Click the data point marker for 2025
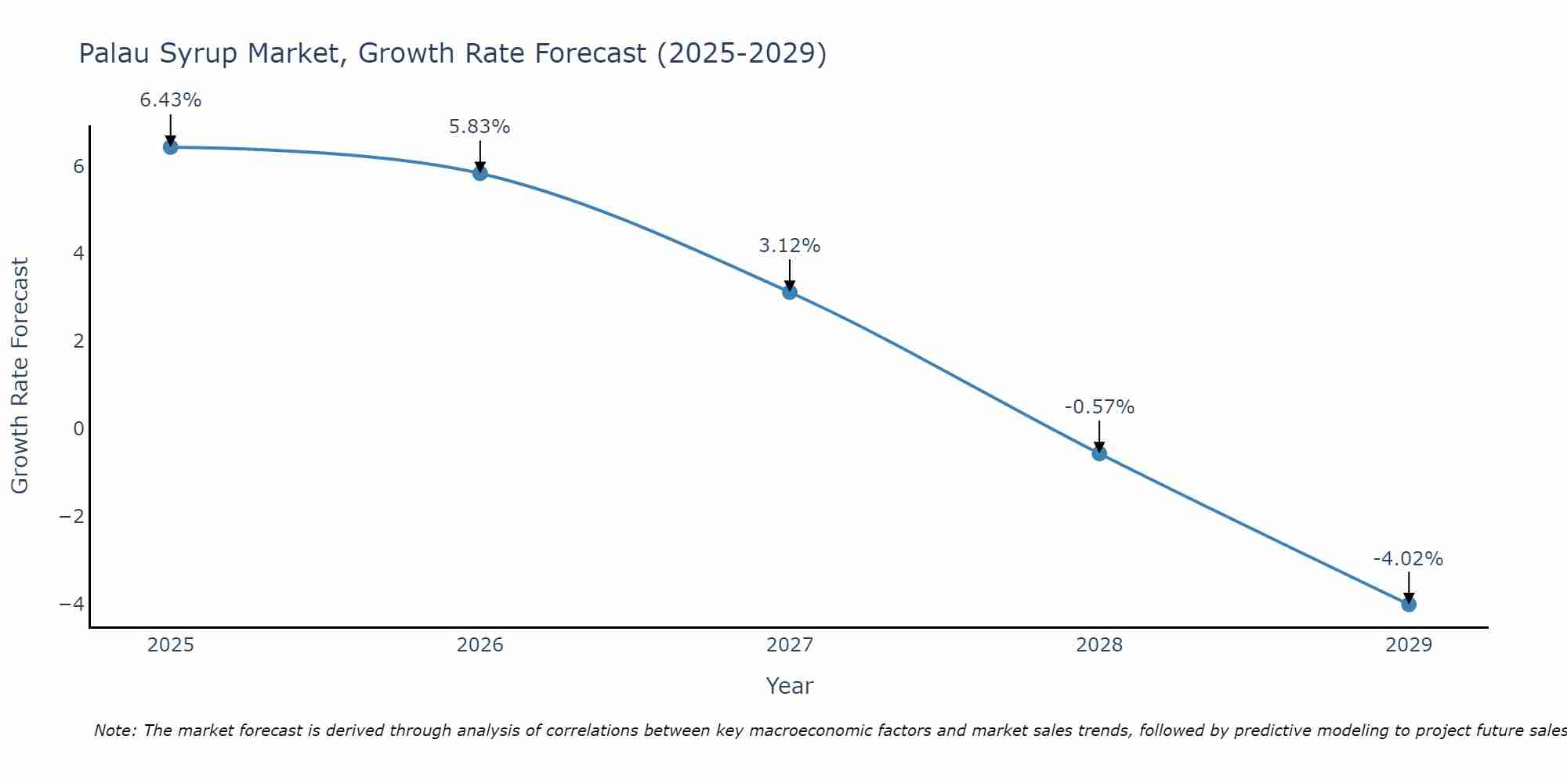tap(171, 147)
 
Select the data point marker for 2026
tap(480, 173)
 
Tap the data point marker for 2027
tap(790, 292)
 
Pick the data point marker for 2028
tap(1099, 453)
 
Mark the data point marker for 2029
tap(1409, 604)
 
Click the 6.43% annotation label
tap(171, 100)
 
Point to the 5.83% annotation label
tap(480, 127)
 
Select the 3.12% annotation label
tap(790, 246)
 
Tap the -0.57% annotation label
tap(1099, 407)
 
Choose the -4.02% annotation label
tap(1408, 559)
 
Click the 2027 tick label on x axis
tap(790, 645)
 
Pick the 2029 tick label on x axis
tap(1409, 645)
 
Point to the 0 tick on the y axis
tap(78, 428)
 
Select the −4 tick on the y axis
tap(71, 604)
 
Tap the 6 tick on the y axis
tap(78, 166)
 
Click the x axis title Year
tap(790, 686)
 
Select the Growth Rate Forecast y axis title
tap(20, 376)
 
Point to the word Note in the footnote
tap(115, 731)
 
